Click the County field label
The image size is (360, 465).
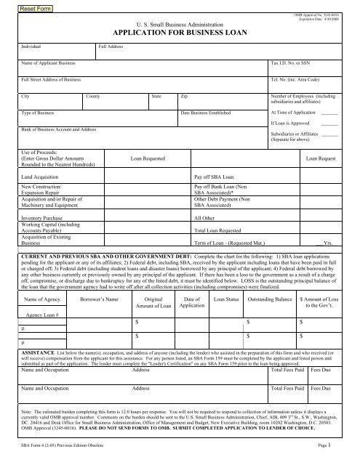click(94, 96)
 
